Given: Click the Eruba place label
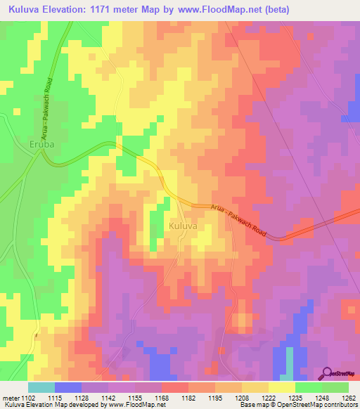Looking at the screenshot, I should tap(41, 145).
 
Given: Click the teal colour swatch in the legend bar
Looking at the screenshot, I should tap(41, 387).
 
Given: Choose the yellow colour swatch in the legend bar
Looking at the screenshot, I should tap(281, 387).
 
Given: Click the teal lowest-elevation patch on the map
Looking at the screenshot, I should tap(289, 362).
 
